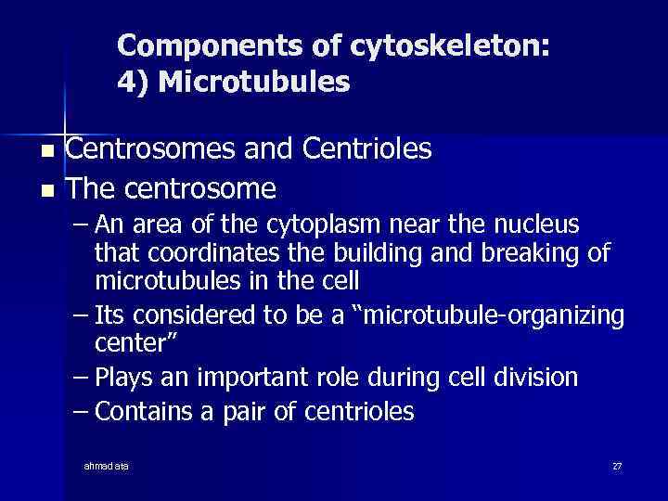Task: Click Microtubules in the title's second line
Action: [254, 83]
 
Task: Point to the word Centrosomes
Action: [149, 149]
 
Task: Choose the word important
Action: [255, 378]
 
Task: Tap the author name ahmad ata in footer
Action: [107, 466]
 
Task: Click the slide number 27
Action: [616, 466]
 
